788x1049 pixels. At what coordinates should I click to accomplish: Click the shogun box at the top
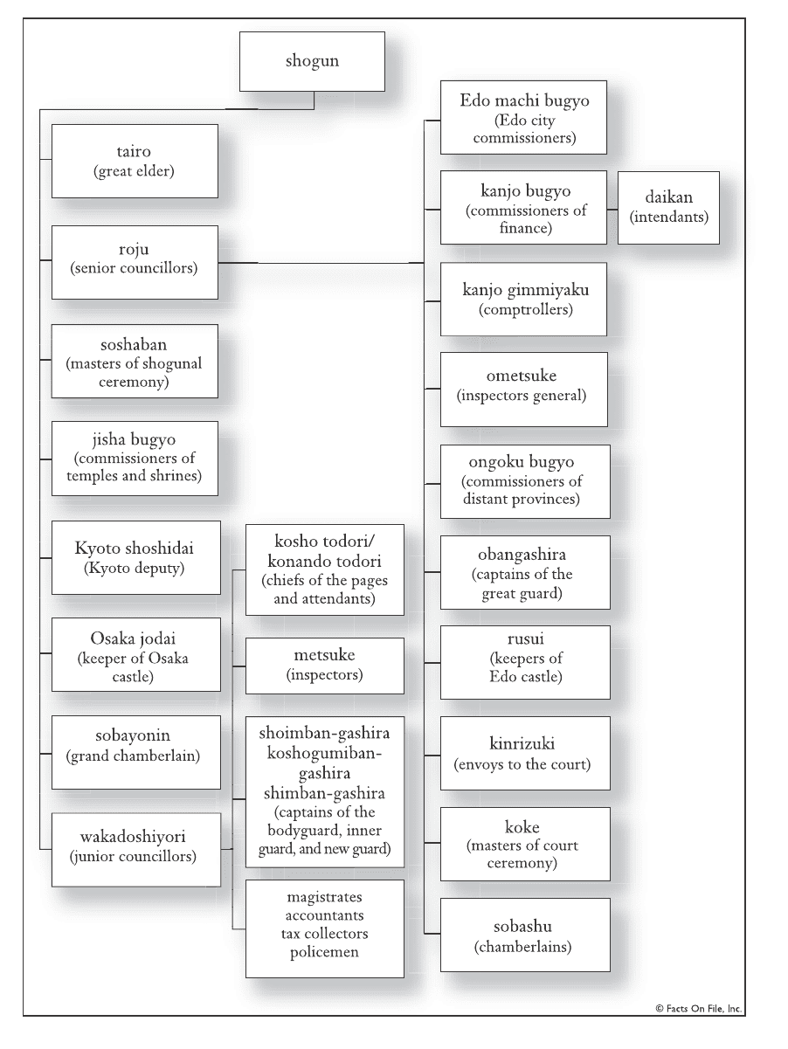pyautogui.click(x=312, y=62)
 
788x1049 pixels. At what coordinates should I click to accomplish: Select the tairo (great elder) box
pyautogui.click(x=135, y=161)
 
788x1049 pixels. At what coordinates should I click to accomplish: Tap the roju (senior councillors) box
pyautogui.click(x=135, y=262)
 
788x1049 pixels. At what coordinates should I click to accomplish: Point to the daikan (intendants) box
pyautogui.click(x=668, y=208)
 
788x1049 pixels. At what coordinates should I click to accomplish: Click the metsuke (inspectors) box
pyautogui.click(x=325, y=666)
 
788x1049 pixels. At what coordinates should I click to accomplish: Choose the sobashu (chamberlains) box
pyautogui.click(x=525, y=935)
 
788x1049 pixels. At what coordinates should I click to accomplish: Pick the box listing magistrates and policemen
pyautogui.click(x=325, y=928)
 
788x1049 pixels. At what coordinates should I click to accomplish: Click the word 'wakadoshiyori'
pyautogui.click(x=133, y=837)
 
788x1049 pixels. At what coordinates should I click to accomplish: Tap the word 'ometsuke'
pyautogui.click(x=522, y=376)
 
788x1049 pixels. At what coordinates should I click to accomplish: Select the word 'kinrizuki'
pyautogui.click(x=522, y=743)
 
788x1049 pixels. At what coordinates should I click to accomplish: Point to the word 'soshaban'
pyautogui.click(x=134, y=344)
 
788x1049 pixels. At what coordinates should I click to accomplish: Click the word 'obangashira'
pyautogui.click(x=522, y=555)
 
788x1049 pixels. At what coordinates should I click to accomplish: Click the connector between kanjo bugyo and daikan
pyautogui.click(x=612, y=210)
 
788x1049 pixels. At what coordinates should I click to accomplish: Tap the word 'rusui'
pyautogui.click(x=526, y=638)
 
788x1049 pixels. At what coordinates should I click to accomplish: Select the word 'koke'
pyautogui.click(x=522, y=827)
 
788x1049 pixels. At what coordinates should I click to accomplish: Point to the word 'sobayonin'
pyautogui.click(x=133, y=735)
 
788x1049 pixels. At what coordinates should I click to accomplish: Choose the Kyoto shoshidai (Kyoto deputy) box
pyautogui.click(x=136, y=558)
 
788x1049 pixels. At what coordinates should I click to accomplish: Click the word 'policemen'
pyautogui.click(x=324, y=952)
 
